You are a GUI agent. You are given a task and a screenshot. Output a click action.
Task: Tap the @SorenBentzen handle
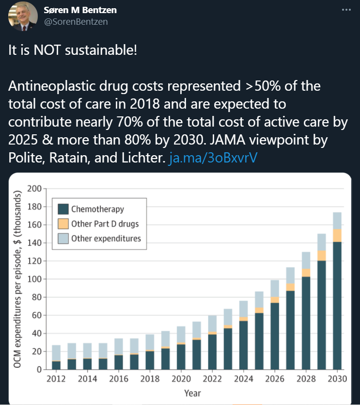[x=76, y=21]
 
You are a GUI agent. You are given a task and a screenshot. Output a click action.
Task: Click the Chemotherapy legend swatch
[x=63, y=210]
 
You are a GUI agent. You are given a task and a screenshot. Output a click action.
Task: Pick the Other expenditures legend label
[x=106, y=238]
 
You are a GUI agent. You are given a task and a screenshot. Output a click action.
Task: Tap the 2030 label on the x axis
[x=337, y=379]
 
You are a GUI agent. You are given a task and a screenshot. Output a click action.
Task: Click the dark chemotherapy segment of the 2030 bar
[x=337, y=306]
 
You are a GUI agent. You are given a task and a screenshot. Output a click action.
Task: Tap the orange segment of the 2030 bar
[x=337, y=235]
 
